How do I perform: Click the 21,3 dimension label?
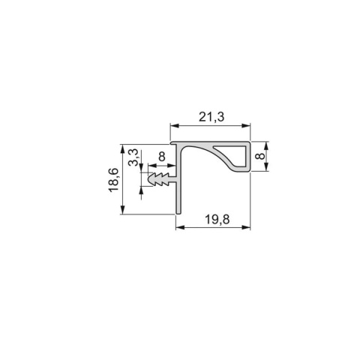point(213,115)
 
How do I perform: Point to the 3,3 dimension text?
point(133,158)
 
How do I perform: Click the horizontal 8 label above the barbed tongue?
point(161,158)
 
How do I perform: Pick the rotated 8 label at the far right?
point(259,157)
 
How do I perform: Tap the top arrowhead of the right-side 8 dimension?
point(268,145)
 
